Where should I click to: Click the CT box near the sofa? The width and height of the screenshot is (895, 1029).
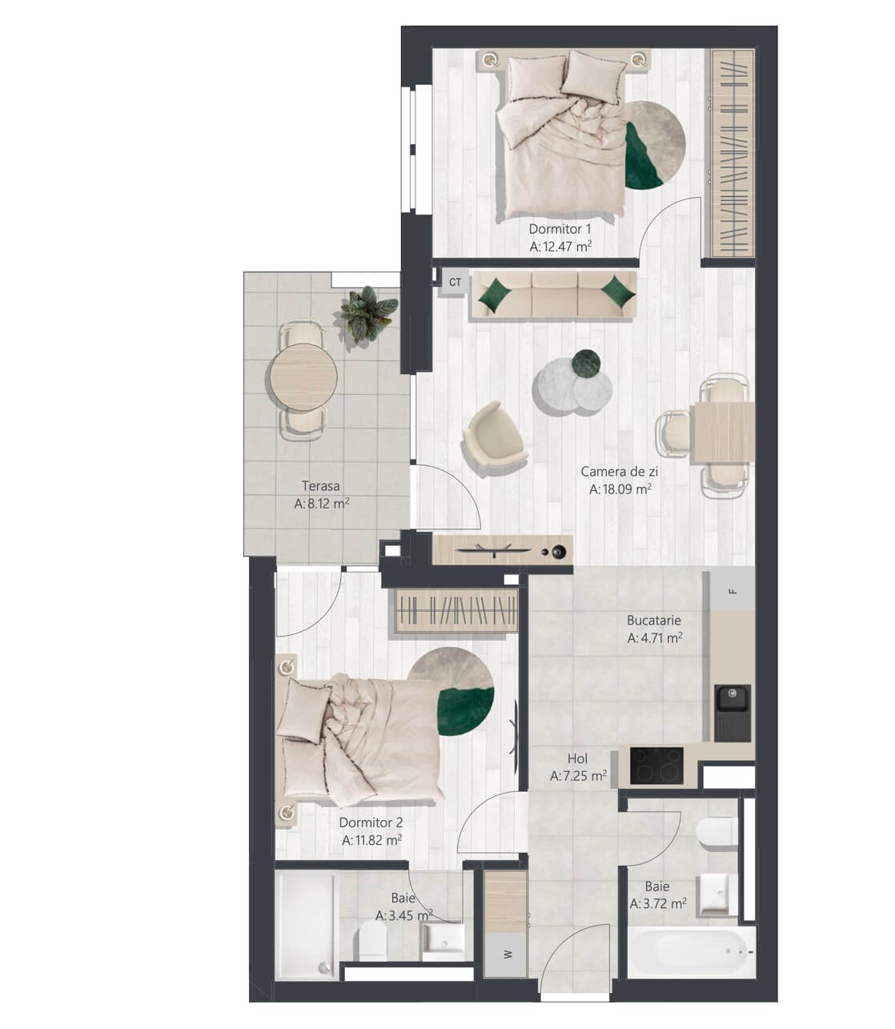tap(455, 282)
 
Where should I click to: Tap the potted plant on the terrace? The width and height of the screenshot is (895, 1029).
tap(369, 315)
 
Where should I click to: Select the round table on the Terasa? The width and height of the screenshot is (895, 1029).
tap(303, 377)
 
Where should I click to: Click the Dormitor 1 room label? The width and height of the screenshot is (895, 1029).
tap(560, 229)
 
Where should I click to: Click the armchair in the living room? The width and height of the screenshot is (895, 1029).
tap(495, 438)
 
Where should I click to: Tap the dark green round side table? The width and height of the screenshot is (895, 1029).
tap(586, 363)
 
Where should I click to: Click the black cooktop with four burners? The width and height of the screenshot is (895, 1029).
tap(656, 766)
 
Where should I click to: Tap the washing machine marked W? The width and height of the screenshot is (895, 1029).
tap(505, 954)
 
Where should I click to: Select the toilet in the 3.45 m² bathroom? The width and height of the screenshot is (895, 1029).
tap(372, 943)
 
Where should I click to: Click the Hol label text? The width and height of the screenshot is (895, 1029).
tap(577, 758)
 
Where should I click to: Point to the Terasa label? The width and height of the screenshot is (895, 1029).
tap(320, 486)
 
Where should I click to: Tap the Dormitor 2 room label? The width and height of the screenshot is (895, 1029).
tap(371, 822)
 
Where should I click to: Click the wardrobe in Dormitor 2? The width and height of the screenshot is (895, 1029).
tap(456, 611)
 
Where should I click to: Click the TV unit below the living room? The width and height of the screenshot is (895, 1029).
tap(502, 550)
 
